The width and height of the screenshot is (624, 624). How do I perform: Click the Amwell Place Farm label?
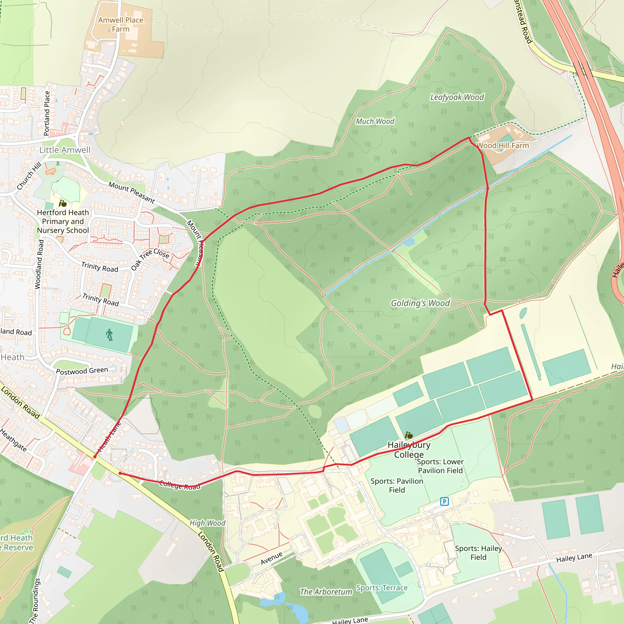click(120, 25)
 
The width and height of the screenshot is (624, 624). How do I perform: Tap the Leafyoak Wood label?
click(457, 97)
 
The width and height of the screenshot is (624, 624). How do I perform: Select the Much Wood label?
click(375, 122)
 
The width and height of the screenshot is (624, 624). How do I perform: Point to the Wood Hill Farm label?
click(503, 146)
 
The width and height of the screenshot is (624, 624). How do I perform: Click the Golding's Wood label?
click(420, 303)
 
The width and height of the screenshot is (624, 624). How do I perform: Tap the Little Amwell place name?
click(65, 150)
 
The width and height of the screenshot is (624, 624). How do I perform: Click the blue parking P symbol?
click(445, 502)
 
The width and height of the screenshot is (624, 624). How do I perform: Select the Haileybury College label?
click(409, 450)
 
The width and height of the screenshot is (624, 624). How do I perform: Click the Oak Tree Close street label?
click(150, 259)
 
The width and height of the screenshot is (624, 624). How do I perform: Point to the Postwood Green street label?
click(82, 371)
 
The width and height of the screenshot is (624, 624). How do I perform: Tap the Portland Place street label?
click(47, 113)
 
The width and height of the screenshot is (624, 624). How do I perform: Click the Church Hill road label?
click(29, 176)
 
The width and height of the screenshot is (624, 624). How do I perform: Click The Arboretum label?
click(326, 592)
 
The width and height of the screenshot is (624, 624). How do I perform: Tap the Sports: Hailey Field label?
click(478, 553)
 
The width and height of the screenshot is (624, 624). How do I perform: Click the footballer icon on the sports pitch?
click(109, 335)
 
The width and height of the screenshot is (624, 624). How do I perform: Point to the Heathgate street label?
click(13, 440)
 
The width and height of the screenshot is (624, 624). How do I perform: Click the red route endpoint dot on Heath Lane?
click(95, 457)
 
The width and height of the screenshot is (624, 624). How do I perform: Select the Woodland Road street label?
click(38, 264)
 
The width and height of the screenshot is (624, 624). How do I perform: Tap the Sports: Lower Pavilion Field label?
click(440, 466)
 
